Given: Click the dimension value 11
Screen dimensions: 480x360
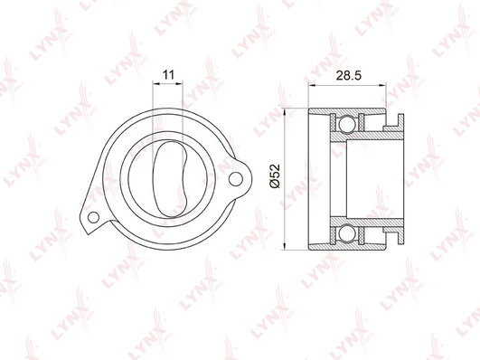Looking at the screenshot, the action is (168, 74).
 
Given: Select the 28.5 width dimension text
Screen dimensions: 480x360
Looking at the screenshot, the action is (349, 75).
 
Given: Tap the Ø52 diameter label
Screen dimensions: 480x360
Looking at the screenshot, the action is (275, 176).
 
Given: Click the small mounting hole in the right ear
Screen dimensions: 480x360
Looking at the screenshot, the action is (235, 179).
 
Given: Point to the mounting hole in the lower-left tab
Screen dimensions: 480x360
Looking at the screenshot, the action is (93, 217).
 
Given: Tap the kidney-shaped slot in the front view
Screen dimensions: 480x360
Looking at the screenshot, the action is (169, 179).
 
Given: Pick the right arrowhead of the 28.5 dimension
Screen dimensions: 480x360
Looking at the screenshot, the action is (382, 85).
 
